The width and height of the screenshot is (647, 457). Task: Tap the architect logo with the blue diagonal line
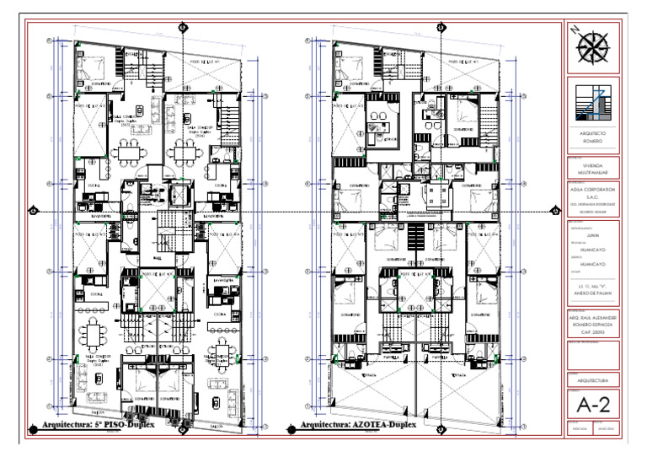[x=594, y=105]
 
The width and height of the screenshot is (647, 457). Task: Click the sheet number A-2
[x=593, y=406]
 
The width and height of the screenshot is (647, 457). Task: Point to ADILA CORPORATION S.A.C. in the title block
[x=593, y=192]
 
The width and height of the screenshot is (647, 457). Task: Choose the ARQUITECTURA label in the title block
[x=593, y=380]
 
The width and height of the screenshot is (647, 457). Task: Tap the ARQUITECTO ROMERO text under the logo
[x=593, y=138]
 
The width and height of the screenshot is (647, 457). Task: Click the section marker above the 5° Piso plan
[x=183, y=27]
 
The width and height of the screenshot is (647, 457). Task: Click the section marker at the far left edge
[x=33, y=211]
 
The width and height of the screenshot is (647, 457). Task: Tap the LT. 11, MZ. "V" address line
[x=593, y=288]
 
